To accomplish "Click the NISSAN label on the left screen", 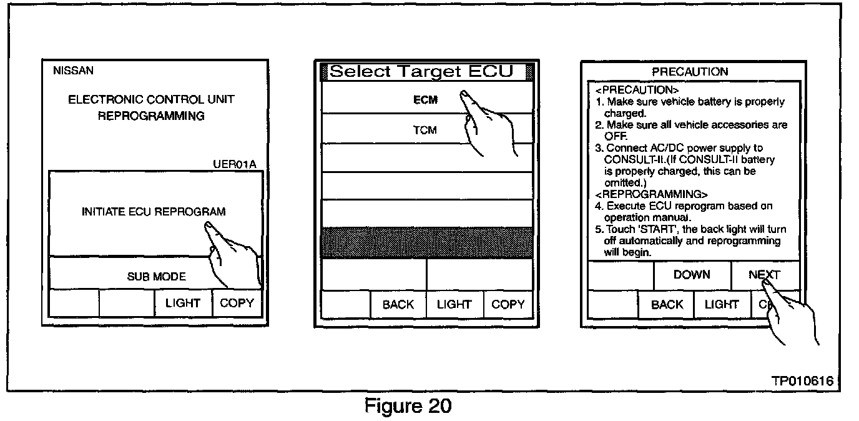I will tap(73, 71).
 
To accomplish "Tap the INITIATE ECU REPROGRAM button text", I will tap(153, 212).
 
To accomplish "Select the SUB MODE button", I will tap(156, 276).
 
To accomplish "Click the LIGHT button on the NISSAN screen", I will tap(182, 304).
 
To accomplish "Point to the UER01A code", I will tap(235, 164).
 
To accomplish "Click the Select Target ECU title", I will tap(421, 72).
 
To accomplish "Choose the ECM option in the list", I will tap(425, 100).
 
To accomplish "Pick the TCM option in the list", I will tap(425, 131).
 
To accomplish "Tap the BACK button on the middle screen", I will tap(398, 304).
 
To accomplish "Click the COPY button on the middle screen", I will tap(508, 304).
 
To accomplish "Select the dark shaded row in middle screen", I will tap(427, 243).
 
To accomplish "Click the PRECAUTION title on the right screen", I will tap(690, 72).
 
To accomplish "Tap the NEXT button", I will tap(764, 275).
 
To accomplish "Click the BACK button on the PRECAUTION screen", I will tap(667, 304).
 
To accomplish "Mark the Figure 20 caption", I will tap(407, 406).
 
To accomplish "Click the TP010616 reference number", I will tap(802, 381).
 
